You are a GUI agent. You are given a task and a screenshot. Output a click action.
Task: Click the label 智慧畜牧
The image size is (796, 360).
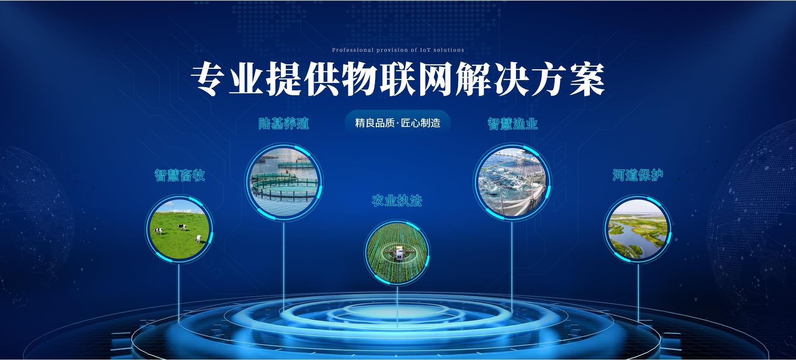click(x=180, y=175)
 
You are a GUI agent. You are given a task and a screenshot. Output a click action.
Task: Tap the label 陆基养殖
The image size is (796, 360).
click(x=284, y=123)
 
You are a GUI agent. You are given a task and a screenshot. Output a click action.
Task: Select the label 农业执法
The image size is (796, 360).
click(x=397, y=201)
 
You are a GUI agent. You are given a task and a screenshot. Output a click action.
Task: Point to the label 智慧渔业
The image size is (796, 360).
click(x=513, y=124)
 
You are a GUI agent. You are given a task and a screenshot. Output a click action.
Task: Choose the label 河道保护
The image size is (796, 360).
click(x=638, y=175)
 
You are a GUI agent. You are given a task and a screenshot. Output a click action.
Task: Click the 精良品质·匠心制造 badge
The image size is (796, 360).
click(x=397, y=123)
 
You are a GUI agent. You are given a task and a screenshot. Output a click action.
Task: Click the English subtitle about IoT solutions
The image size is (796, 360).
click(x=398, y=50)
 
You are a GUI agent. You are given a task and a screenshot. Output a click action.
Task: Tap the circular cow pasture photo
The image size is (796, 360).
click(x=179, y=229)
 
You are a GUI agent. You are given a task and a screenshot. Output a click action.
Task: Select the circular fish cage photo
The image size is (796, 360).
click(x=284, y=182)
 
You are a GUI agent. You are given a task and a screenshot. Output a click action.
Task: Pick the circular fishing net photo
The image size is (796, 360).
click(x=512, y=182)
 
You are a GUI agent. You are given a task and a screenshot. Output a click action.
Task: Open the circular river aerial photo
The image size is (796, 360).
click(x=638, y=229)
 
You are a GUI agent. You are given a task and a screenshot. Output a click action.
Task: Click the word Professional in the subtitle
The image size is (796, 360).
click(x=353, y=50)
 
